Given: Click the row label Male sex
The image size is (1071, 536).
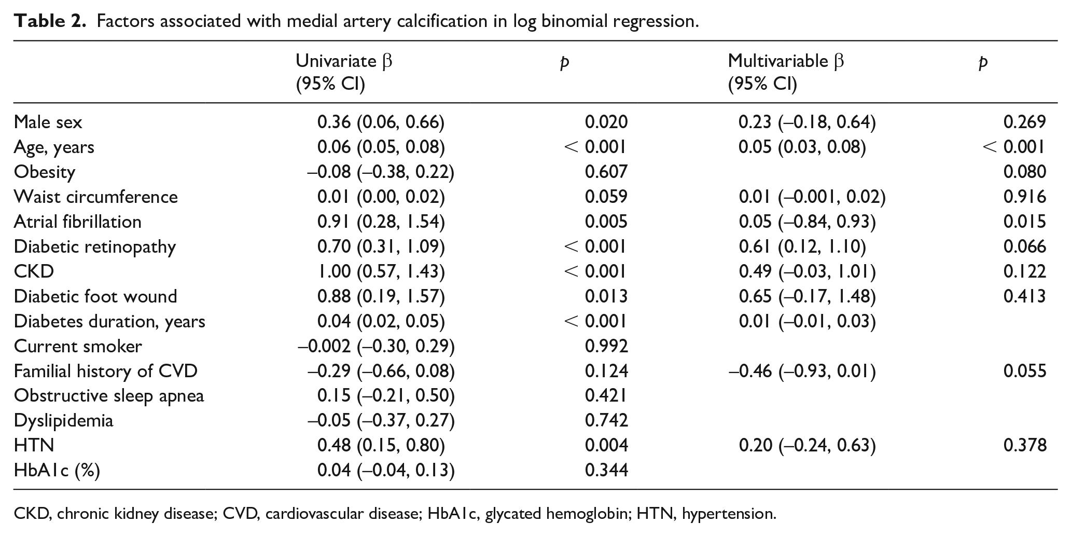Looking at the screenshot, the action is point(48,122).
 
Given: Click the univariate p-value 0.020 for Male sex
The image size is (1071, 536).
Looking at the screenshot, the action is point(606,122).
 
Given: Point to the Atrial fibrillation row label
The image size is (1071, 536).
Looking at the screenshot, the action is point(77,222).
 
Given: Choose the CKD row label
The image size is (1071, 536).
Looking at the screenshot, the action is point(34,271).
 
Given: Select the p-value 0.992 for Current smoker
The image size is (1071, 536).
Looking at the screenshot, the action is point(606,346).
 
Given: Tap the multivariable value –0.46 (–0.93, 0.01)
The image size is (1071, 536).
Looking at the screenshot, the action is point(802,371).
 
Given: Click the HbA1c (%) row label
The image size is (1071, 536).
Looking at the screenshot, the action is point(57,471).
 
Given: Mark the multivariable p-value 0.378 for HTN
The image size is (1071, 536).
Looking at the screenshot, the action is point(1025,446).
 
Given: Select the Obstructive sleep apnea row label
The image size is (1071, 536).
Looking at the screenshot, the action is point(109,396).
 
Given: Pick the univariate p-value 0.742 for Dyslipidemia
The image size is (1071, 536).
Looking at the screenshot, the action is point(606,421).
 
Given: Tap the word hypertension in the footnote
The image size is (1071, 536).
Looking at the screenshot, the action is point(729,514).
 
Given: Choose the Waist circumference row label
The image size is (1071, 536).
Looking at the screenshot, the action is point(95,197).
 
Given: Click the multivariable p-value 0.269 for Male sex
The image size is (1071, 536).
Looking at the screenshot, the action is point(1025,122).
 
